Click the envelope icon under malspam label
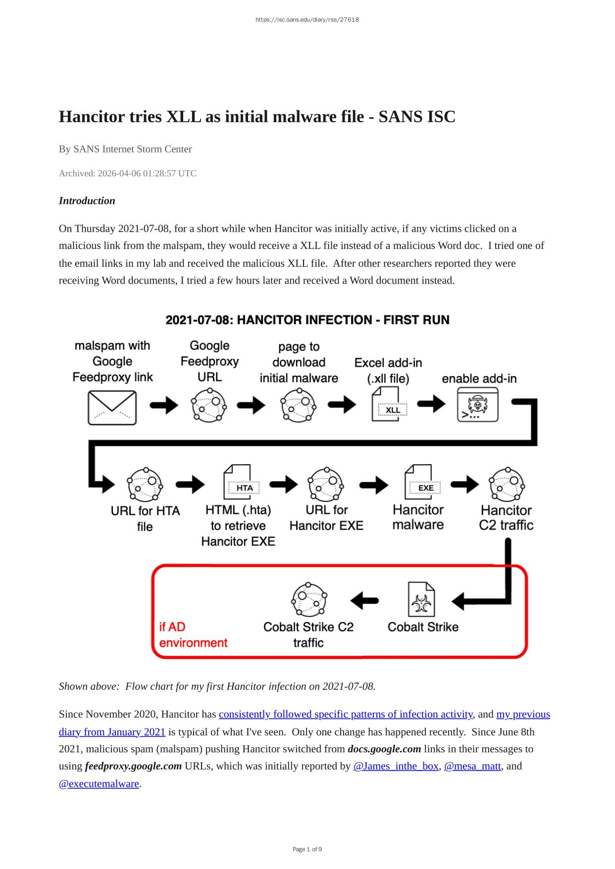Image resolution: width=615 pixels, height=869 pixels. tap(112, 407)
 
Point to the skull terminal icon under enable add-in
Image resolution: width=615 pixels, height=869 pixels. tap(477, 405)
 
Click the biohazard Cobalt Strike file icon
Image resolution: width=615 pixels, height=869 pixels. tap(421, 599)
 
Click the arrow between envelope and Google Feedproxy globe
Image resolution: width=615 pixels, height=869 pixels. tap(164, 405)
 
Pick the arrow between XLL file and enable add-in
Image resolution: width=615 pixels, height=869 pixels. tap(431, 404)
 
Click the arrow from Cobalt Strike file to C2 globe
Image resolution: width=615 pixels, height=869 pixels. tap(365, 601)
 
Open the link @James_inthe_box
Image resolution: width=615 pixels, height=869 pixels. tap(396, 766)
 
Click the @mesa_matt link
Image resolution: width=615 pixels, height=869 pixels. tap(472, 766)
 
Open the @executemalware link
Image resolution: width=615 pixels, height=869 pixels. tap(99, 783)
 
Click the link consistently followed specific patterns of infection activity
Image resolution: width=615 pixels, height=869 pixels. tap(346, 714)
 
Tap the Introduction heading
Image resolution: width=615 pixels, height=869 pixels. tap(87, 200)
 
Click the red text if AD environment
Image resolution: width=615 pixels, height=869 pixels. tap(193, 634)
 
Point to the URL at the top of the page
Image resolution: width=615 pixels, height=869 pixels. tap(307, 20)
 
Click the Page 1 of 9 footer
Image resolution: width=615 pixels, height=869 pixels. tap(307, 849)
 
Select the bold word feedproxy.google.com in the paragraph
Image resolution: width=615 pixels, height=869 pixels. tap(133, 766)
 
